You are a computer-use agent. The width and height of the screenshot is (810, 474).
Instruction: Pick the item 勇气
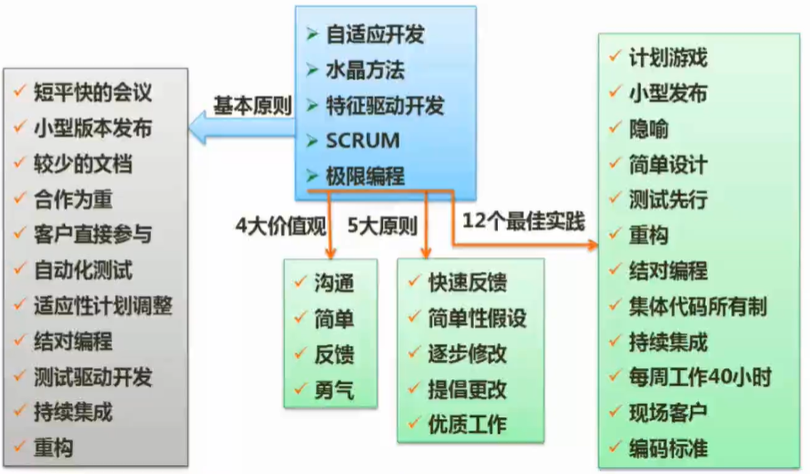point(334,390)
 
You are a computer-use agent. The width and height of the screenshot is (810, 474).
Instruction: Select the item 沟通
point(334,284)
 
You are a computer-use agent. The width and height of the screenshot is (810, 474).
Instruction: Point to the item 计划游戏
point(668,59)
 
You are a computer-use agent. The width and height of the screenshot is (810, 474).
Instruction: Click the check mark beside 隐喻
point(614,129)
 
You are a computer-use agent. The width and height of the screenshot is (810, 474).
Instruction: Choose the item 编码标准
point(668,448)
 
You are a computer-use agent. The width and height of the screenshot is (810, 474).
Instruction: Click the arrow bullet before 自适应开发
point(311,36)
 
